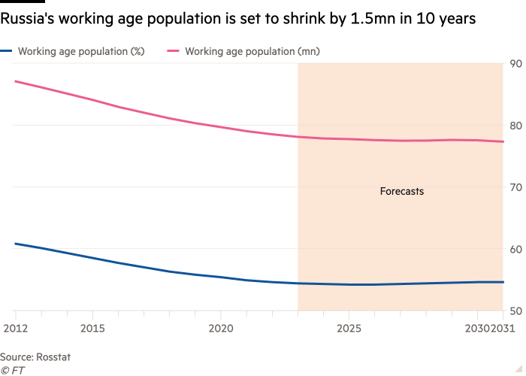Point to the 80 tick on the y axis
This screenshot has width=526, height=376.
(517, 125)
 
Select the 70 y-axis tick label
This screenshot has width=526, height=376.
(517, 186)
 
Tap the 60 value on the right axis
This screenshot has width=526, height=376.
(517, 249)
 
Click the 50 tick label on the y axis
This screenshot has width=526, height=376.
(517, 311)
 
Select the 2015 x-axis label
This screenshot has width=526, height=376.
(92, 329)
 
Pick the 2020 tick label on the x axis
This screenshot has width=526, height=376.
(220, 329)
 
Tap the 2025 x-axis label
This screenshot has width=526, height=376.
(349, 329)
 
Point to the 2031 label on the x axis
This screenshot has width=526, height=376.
(503, 329)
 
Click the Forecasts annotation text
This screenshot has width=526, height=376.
(401, 192)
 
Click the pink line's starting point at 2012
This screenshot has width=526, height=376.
(15, 80)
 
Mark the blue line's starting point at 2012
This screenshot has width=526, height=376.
(15, 244)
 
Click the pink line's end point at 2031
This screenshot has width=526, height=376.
(503, 141)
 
